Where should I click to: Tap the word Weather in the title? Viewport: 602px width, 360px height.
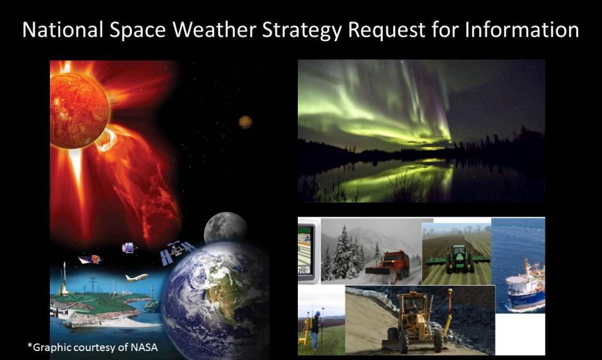pos(186,29)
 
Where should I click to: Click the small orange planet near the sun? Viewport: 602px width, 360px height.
pos(245,122)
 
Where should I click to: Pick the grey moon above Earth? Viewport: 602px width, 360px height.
pos(225,228)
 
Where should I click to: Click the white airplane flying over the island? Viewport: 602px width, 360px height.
pos(136,277)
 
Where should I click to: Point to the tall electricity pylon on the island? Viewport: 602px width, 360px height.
pos(93,285)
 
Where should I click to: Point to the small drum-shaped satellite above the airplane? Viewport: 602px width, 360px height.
pos(127,247)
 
